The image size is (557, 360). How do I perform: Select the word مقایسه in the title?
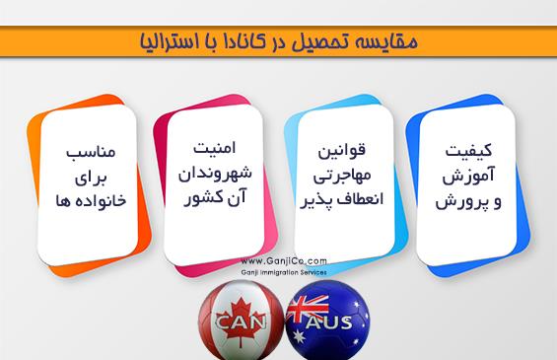click(390, 40)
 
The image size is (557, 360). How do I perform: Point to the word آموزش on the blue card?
click(462, 178)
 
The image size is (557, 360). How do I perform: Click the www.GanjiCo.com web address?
click(284, 263)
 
